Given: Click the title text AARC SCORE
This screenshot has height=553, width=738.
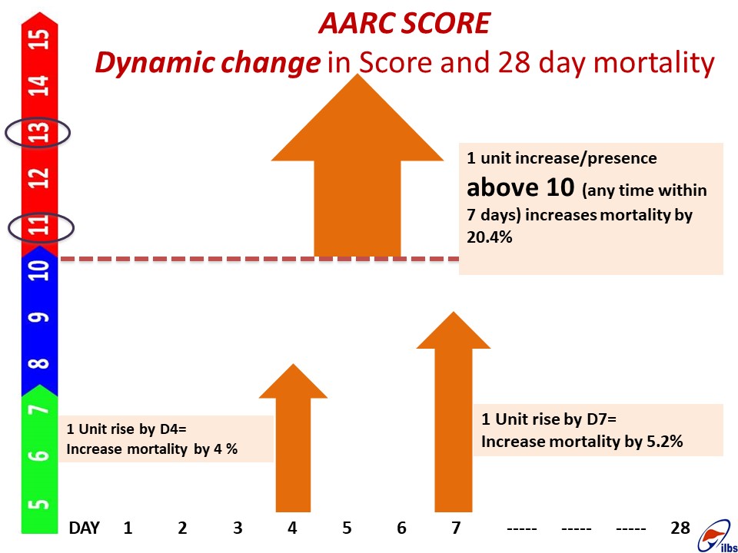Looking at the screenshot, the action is click(x=404, y=23).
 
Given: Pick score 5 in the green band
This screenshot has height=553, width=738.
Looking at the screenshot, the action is click(x=38, y=504).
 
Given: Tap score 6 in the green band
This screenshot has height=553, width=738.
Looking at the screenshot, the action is click(x=40, y=455).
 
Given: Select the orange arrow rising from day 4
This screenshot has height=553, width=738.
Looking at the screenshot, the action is click(x=293, y=438).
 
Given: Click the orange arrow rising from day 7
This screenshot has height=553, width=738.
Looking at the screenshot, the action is click(x=454, y=412).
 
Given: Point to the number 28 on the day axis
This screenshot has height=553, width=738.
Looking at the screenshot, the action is click(x=680, y=528).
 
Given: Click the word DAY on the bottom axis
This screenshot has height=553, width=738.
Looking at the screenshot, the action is click(x=85, y=528).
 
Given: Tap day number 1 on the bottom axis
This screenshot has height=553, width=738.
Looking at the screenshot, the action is click(x=128, y=528).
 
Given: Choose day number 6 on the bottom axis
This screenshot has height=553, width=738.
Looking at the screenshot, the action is click(x=401, y=528).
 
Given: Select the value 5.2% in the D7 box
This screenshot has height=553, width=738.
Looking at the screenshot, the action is click(x=663, y=442).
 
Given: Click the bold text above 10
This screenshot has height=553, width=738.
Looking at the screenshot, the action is click(x=520, y=187).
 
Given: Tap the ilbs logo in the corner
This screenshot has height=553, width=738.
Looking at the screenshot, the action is click(x=716, y=537).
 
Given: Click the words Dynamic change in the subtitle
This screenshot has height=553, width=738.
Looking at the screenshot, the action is click(x=208, y=63).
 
